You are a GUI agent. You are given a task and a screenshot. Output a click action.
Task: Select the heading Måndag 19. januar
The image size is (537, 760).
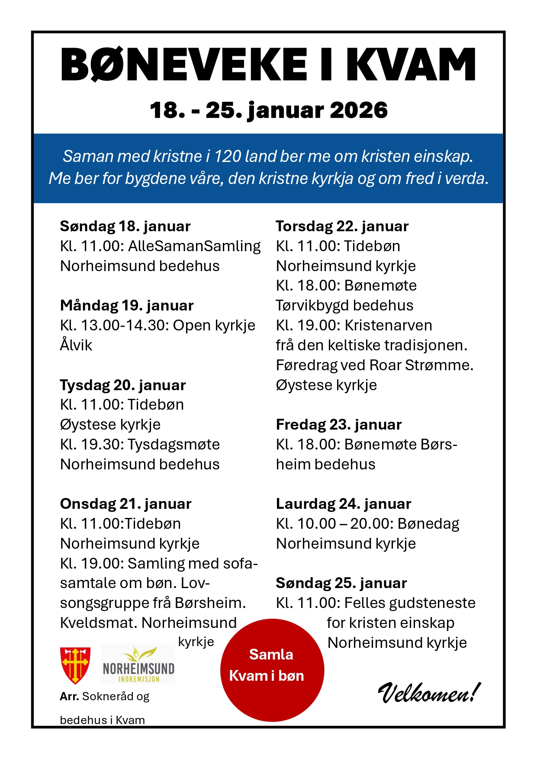coord(127,306)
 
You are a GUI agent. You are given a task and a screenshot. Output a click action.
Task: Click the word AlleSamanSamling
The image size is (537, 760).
coord(194,246)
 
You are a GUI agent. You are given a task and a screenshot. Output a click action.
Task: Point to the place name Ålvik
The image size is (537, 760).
coord(76,345)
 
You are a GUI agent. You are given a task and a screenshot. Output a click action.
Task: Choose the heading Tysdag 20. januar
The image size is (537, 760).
coord(123,385)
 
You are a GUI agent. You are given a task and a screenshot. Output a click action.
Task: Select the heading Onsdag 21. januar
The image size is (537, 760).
coord(125,504)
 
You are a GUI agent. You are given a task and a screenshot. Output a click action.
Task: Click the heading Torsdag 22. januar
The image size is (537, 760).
coord(342,226)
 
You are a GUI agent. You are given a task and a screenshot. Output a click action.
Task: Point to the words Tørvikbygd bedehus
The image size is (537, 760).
coord(344,305)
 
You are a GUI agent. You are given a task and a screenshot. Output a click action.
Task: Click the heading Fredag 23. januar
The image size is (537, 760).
coord(339,424)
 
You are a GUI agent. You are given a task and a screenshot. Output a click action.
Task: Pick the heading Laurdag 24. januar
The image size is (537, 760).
coord(343,504)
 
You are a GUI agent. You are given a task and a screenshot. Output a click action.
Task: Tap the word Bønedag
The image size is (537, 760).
coord(428,524)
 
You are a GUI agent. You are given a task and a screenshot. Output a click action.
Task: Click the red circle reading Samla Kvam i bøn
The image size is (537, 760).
coord(272,670)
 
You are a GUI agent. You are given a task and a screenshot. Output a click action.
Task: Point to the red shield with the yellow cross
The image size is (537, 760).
coord(75,665)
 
